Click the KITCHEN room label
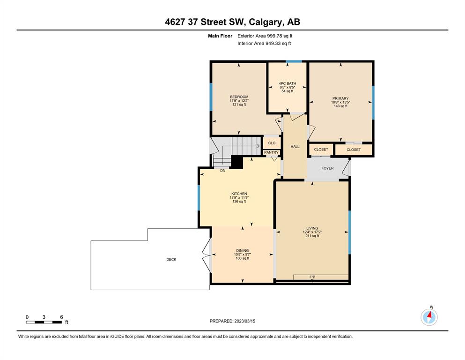coord(239,194)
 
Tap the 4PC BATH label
coord(288,84)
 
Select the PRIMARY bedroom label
coord(340,98)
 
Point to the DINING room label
coord(242,250)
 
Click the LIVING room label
coord(312,228)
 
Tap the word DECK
coord(171,259)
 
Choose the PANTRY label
coord(271,152)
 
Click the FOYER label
coord(327,168)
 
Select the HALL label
coord(295,147)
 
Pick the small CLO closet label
coord(272,143)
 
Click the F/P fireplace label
coord(312,277)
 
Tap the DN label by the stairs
coord(223,171)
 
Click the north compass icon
coord(429,317)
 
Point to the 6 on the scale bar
coord(61,317)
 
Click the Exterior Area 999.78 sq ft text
coord(265,36)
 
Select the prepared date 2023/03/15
coord(244,321)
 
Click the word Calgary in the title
coord(266,22)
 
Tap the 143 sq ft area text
coord(340,106)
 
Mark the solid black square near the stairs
coord(237,162)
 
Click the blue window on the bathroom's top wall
coord(294,61)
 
